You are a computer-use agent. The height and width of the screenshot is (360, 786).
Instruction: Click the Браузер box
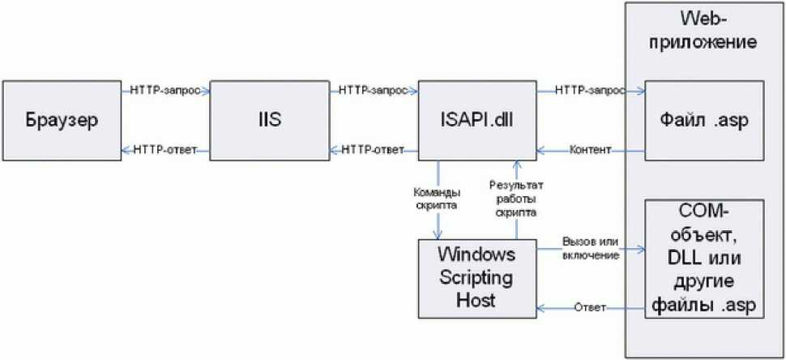62,121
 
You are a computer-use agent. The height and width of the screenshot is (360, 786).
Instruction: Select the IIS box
269,121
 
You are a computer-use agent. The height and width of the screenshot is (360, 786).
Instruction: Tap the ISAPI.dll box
477,121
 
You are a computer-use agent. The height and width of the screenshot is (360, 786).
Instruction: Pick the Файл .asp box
704,121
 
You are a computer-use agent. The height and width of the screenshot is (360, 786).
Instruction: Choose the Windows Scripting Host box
477,278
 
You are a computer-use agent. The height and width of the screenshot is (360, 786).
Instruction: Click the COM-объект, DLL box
704,259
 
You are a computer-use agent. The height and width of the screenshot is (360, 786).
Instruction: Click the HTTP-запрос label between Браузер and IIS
165,91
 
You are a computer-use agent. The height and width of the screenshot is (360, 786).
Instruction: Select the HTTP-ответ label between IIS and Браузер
165,150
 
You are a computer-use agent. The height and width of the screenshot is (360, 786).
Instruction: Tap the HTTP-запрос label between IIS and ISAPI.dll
373,91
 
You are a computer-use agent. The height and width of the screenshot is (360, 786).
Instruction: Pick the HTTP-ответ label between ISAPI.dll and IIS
373,150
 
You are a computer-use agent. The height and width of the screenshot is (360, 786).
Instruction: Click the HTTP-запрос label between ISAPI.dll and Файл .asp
590,91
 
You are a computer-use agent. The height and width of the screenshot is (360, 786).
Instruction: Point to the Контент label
590,150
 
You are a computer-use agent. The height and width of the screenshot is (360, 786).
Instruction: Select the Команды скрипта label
437,199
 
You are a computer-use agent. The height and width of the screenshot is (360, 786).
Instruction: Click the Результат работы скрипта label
516,199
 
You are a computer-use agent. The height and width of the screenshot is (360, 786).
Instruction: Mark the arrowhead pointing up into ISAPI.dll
516,165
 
